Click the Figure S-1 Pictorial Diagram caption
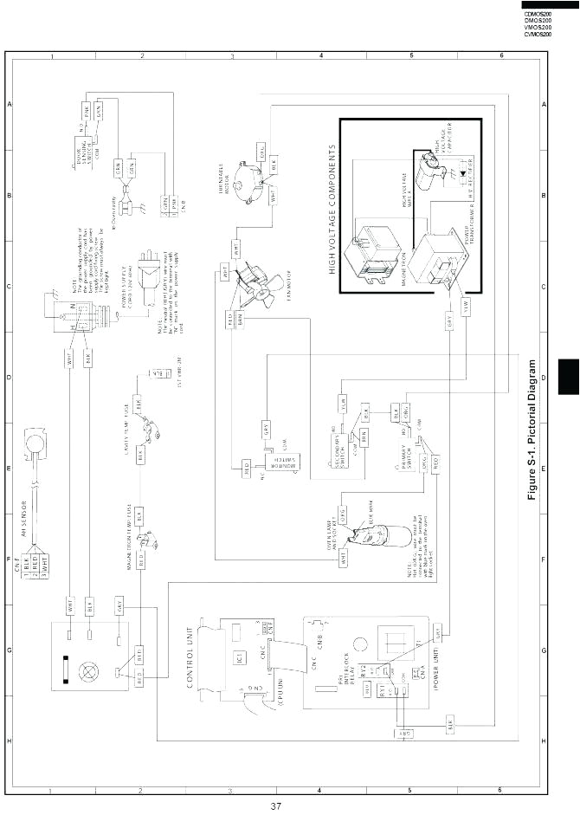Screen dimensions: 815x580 click(532, 430)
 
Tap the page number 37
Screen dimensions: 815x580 click(275, 807)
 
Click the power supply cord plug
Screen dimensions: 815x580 click(150, 263)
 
